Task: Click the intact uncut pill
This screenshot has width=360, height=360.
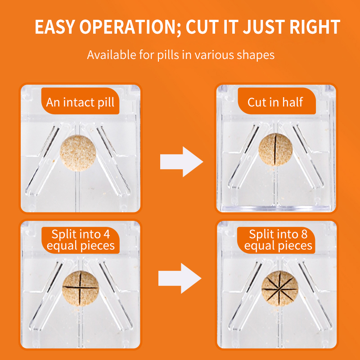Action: point(77,152)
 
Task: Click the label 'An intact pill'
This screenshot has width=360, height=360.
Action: point(80,102)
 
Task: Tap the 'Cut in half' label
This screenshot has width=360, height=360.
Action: point(275,102)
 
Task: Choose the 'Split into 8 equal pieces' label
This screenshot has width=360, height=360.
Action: point(278,240)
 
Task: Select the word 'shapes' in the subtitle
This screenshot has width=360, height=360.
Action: point(256,56)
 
